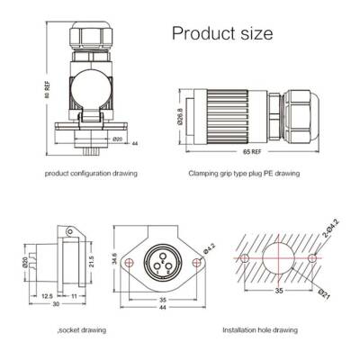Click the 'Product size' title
point(221,34)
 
